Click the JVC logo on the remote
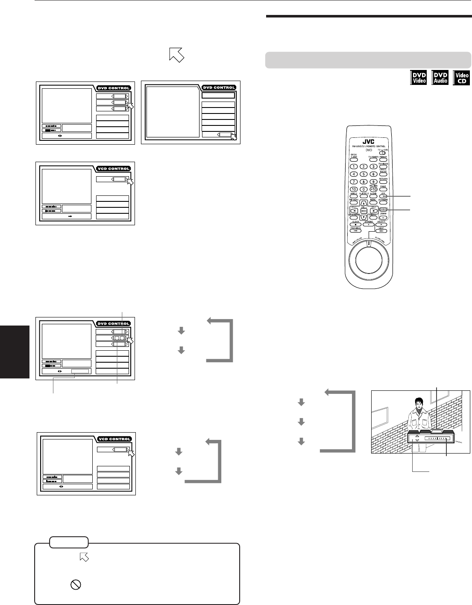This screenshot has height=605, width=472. tap(368, 143)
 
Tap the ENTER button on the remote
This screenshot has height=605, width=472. tap(364, 211)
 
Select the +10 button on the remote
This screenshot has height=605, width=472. tap(373, 189)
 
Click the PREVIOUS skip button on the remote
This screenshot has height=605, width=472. tap(354, 231)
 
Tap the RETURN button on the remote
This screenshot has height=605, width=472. tap(383, 182)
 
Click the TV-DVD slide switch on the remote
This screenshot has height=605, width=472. tap(383, 152)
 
